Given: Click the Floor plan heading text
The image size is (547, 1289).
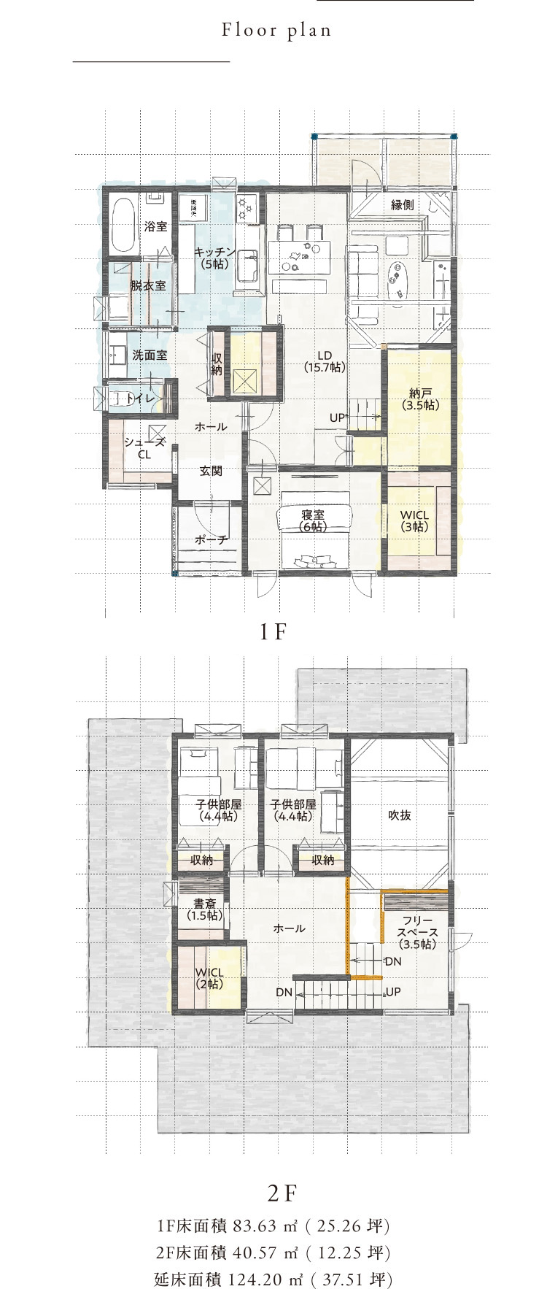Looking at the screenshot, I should pos(276,31).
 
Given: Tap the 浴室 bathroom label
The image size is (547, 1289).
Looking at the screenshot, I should pos(155,226).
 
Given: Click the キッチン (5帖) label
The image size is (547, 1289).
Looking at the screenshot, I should pos(214,258).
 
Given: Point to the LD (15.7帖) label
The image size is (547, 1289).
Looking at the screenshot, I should pos(325,362).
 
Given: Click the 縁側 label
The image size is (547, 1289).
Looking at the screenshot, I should pos(403,204).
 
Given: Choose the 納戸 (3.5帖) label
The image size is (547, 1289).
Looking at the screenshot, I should pos(420,399).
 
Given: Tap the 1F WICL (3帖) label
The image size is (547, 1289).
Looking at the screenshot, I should pos(414,520).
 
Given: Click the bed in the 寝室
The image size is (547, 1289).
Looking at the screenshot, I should pos(314,527).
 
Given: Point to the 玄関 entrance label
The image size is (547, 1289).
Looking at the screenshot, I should pos(211,471).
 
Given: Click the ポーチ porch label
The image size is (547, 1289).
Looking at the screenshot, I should pos(211,540).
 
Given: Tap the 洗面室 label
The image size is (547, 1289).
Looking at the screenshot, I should pos(150,355).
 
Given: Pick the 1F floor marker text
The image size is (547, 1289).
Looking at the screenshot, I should pos(273,632).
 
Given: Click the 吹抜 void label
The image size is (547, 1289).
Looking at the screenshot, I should pos(400,815).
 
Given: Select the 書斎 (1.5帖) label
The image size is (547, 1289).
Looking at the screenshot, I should pos(204,909).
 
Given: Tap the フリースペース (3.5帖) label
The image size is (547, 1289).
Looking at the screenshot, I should pos(417,932).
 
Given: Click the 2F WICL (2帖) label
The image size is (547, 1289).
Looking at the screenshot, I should pos(209,978).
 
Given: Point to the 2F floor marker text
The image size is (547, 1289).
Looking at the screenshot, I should pos(282,1193).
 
